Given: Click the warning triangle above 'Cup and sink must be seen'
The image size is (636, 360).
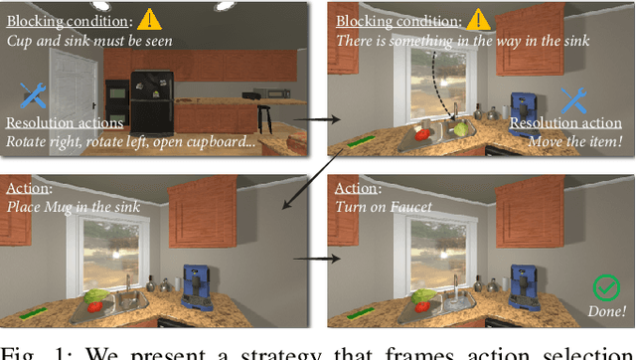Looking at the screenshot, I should [150, 19].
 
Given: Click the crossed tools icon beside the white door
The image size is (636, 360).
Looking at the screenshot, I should [32, 95].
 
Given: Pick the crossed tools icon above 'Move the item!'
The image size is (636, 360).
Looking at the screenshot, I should [574, 97].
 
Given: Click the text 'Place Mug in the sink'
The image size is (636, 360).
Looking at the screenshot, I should [72, 207].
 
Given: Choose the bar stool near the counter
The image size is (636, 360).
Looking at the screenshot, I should [266, 114].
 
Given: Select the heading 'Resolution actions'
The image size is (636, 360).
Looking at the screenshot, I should [65, 122].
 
